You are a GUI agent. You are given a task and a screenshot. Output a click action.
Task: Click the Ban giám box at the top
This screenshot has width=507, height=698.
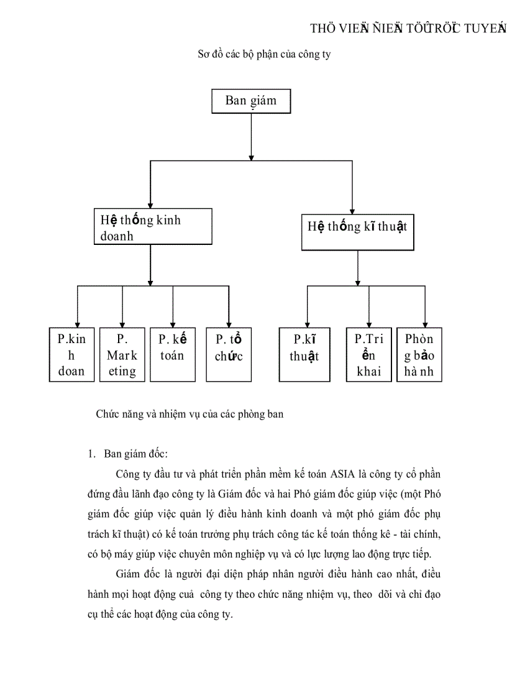tap(251, 101)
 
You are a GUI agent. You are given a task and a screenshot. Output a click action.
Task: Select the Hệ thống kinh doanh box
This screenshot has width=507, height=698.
tap(151, 227)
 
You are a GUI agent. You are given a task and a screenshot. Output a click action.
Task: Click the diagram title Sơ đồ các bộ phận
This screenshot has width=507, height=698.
tap(264, 55)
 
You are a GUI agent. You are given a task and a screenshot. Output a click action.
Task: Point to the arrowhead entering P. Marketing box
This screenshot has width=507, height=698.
tap(122, 324)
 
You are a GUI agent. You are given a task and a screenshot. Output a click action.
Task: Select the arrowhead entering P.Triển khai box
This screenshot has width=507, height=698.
tap(369, 324)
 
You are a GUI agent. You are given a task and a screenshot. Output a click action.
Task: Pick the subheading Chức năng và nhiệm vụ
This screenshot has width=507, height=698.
tap(190, 414)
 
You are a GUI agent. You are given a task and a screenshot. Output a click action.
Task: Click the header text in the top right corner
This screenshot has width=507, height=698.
tap(408, 29)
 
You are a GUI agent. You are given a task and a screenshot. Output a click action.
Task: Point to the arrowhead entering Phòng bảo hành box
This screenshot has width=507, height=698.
tap(425, 324)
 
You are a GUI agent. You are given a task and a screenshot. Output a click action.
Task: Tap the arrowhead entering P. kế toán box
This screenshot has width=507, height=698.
tap(172, 324)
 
